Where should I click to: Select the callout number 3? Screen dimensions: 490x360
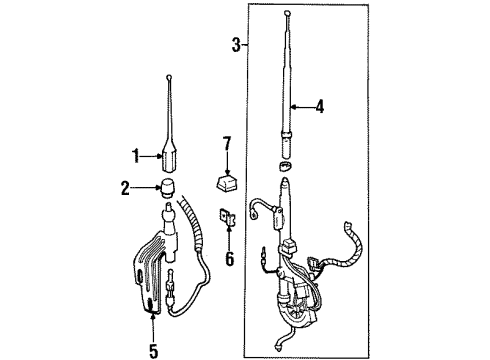235,44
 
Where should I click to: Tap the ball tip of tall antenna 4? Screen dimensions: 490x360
287,14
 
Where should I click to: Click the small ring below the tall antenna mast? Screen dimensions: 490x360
287,166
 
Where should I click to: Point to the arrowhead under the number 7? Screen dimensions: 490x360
228,165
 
